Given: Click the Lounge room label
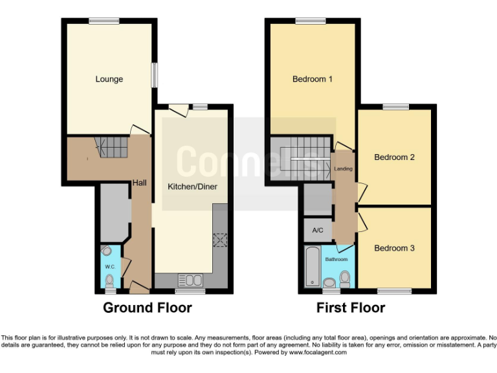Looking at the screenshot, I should pos(109,80).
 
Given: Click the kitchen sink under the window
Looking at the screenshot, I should pos(190,280).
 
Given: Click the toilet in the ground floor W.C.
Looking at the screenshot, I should pos(109,280).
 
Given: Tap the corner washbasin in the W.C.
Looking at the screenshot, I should pos(107,251).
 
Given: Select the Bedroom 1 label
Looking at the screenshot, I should pos(312,80).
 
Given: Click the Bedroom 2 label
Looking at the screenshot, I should pos(394,157).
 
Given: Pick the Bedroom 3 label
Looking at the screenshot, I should pos(394,248).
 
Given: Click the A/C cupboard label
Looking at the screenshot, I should pos(317,231).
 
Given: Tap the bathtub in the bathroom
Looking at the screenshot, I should pos(313,267).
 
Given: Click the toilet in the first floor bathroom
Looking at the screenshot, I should pos(345,279).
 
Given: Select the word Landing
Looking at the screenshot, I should pos(343,170).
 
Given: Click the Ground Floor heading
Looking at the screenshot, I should pos(148,308).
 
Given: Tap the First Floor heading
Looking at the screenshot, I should pos(350,308).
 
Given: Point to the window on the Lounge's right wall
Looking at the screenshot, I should pos(154,74).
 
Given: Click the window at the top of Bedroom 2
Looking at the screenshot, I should pos(395,106).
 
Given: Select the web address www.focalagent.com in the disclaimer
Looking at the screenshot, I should pos(318,353).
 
